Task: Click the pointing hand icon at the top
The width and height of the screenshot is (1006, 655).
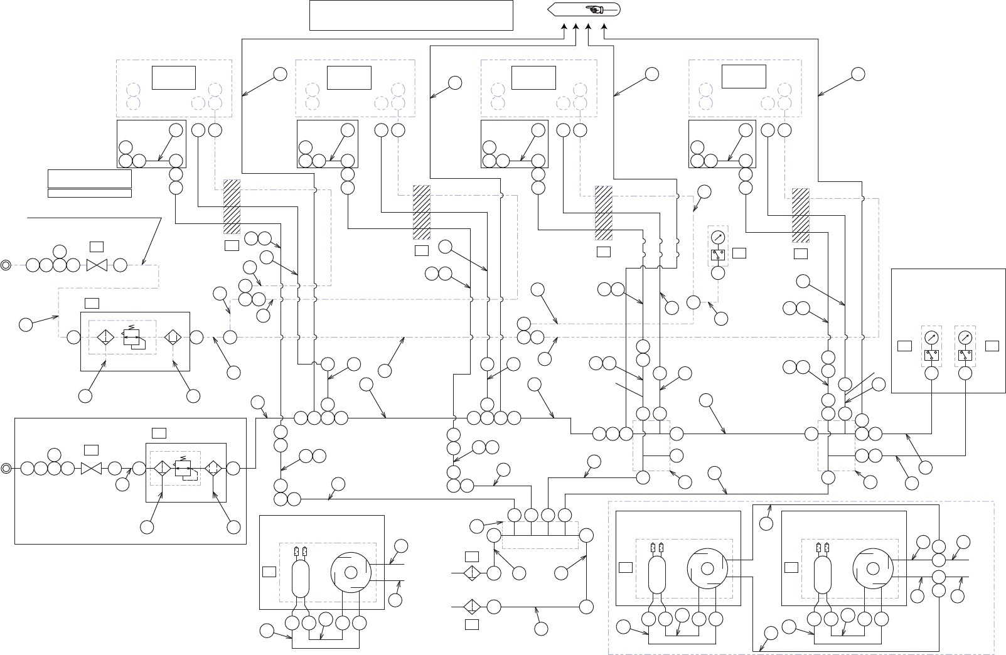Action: (x=593, y=9)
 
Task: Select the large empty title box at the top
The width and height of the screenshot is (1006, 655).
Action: (x=411, y=15)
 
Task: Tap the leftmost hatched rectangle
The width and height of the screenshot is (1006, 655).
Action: (x=232, y=207)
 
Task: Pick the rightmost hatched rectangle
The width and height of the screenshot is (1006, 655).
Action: (x=800, y=215)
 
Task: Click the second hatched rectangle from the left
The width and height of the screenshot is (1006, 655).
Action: (x=421, y=212)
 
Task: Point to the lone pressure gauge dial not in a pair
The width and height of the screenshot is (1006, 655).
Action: (x=718, y=238)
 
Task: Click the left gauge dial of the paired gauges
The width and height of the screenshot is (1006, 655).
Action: (x=931, y=337)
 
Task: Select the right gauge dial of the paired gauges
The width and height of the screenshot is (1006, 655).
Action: (x=965, y=337)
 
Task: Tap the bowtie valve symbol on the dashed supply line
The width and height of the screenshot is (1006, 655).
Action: (x=97, y=265)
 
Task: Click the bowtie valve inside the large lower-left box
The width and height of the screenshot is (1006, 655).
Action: (x=92, y=468)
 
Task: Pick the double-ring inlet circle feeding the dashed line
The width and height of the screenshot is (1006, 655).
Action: (x=6, y=265)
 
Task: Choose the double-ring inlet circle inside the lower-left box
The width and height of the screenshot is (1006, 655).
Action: (x=6, y=468)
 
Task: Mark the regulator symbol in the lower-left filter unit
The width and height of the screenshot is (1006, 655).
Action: (x=185, y=467)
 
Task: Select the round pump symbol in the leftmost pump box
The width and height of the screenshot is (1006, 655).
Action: (x=351, y=572)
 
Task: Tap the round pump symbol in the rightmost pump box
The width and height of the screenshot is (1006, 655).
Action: (x=872, y=568)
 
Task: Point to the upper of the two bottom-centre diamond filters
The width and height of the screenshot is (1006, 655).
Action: (x=472, y=573)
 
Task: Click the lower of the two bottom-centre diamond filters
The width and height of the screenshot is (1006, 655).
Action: (x=472, y=607)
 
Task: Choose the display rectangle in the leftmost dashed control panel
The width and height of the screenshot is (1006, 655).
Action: (x=174, y=78)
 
